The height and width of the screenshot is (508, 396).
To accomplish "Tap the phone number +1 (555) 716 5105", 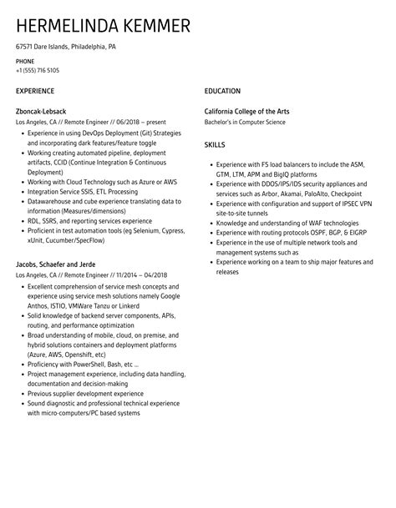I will (x=38, y=70).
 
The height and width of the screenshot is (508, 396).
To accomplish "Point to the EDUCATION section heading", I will (x=222, y=91).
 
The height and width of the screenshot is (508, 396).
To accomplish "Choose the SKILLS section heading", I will (x=215, y=144).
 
